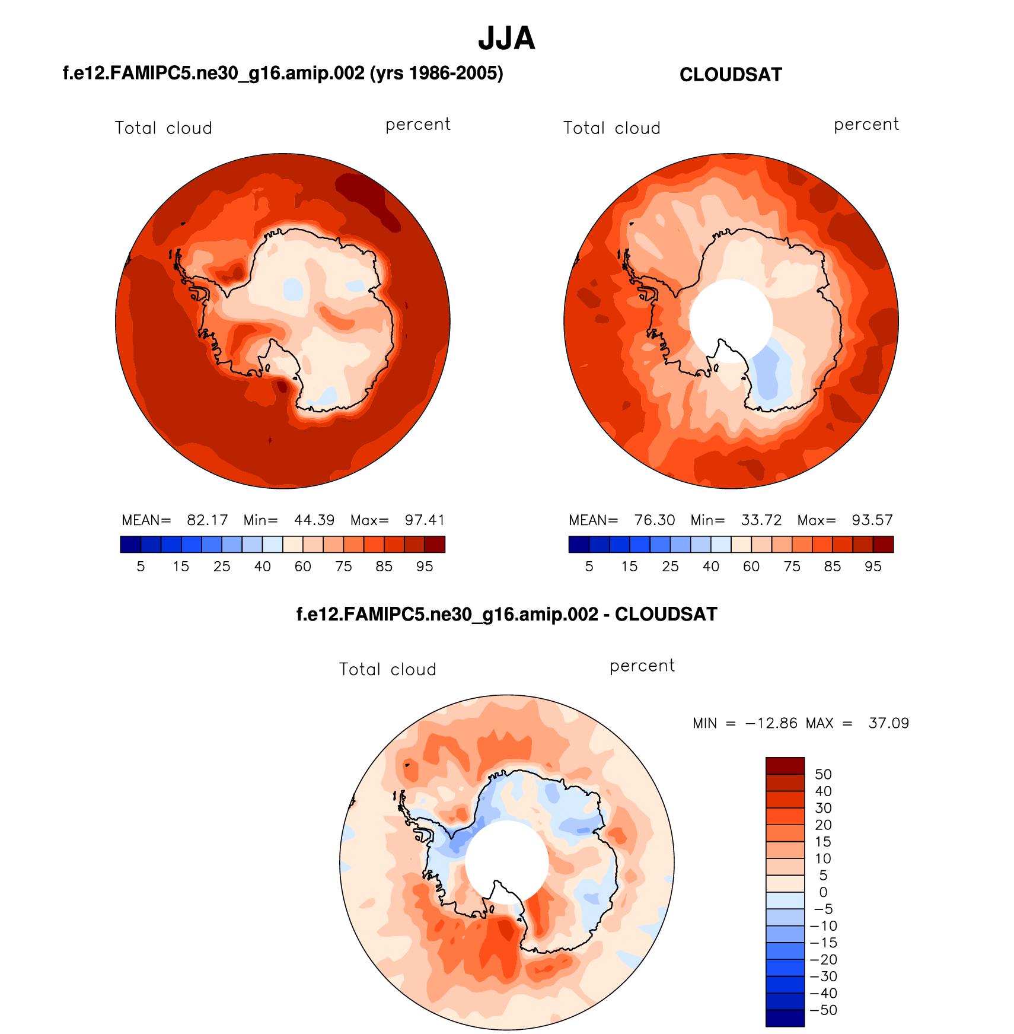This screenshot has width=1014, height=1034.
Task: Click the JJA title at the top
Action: [506, 39]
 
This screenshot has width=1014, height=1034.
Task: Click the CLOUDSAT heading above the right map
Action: [731, 75]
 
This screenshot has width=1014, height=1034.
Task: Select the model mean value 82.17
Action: [207, 520]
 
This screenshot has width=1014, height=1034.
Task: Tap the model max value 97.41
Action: [425, 520]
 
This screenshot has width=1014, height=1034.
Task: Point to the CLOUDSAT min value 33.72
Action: [761, 520]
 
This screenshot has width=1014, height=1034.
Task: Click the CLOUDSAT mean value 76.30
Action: [655, 520]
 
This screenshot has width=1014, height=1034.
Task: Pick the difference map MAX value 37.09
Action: [888, 723]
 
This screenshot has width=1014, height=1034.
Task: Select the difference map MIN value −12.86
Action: [771, 723]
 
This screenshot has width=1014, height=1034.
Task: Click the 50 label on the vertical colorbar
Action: [823, 774]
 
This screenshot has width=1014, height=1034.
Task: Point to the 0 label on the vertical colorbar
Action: [823, 892]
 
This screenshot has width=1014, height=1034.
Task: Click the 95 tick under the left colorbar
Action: [425, 567]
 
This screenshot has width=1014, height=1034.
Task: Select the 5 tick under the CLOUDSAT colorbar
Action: [589, 567]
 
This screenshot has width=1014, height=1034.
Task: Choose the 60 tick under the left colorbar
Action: [303, 567]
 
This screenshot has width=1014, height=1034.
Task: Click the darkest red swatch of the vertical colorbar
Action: [785, 766]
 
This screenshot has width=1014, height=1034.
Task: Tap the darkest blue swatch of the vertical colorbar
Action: [785, 1018]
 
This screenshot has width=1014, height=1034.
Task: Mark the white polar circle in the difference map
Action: [506, 861]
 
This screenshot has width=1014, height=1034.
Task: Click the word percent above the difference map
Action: [642, 666]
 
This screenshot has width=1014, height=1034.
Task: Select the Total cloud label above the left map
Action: [163, 128]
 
